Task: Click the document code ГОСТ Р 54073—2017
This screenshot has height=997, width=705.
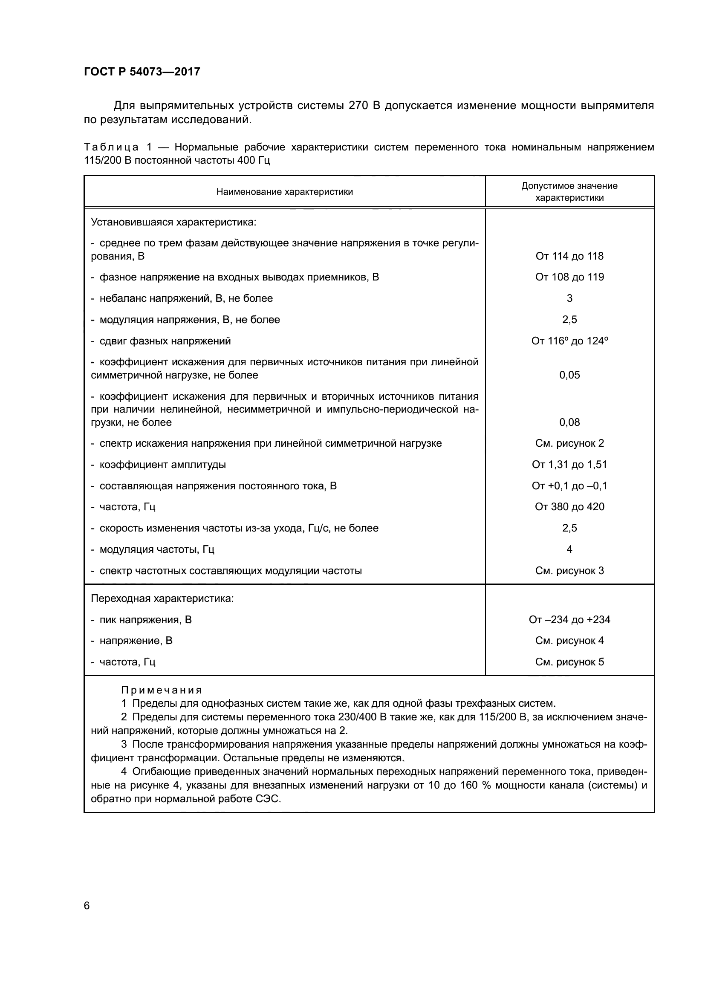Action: (142, 72)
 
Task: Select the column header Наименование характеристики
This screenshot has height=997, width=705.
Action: (284, 192)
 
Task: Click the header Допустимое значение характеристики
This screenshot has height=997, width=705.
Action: (569, 192)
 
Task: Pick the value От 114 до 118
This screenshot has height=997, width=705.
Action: (569, 256)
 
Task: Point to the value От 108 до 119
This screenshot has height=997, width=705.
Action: (569, 277)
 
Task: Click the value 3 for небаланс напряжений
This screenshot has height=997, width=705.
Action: (569, 298)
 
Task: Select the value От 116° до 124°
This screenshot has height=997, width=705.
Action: (569, 341)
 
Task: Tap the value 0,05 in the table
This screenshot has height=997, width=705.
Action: (569, 375)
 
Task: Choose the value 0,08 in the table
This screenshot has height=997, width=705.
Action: (569, 422)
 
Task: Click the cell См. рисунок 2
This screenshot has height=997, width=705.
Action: (569, 443)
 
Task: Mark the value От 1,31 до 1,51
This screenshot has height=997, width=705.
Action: (569, 465)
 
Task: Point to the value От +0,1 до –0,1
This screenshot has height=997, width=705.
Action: (569, 486)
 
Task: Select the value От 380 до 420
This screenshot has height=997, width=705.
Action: (569, 507)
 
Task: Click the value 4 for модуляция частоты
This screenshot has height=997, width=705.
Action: (569, 549)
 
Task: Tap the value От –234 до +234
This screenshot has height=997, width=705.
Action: (569, 620)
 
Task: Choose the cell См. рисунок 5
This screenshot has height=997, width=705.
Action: (569, 662)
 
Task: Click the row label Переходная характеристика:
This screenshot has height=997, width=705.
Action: (162, 598)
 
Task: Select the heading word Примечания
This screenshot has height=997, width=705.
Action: (162, 691)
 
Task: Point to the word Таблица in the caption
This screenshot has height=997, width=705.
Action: (111, 147)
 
